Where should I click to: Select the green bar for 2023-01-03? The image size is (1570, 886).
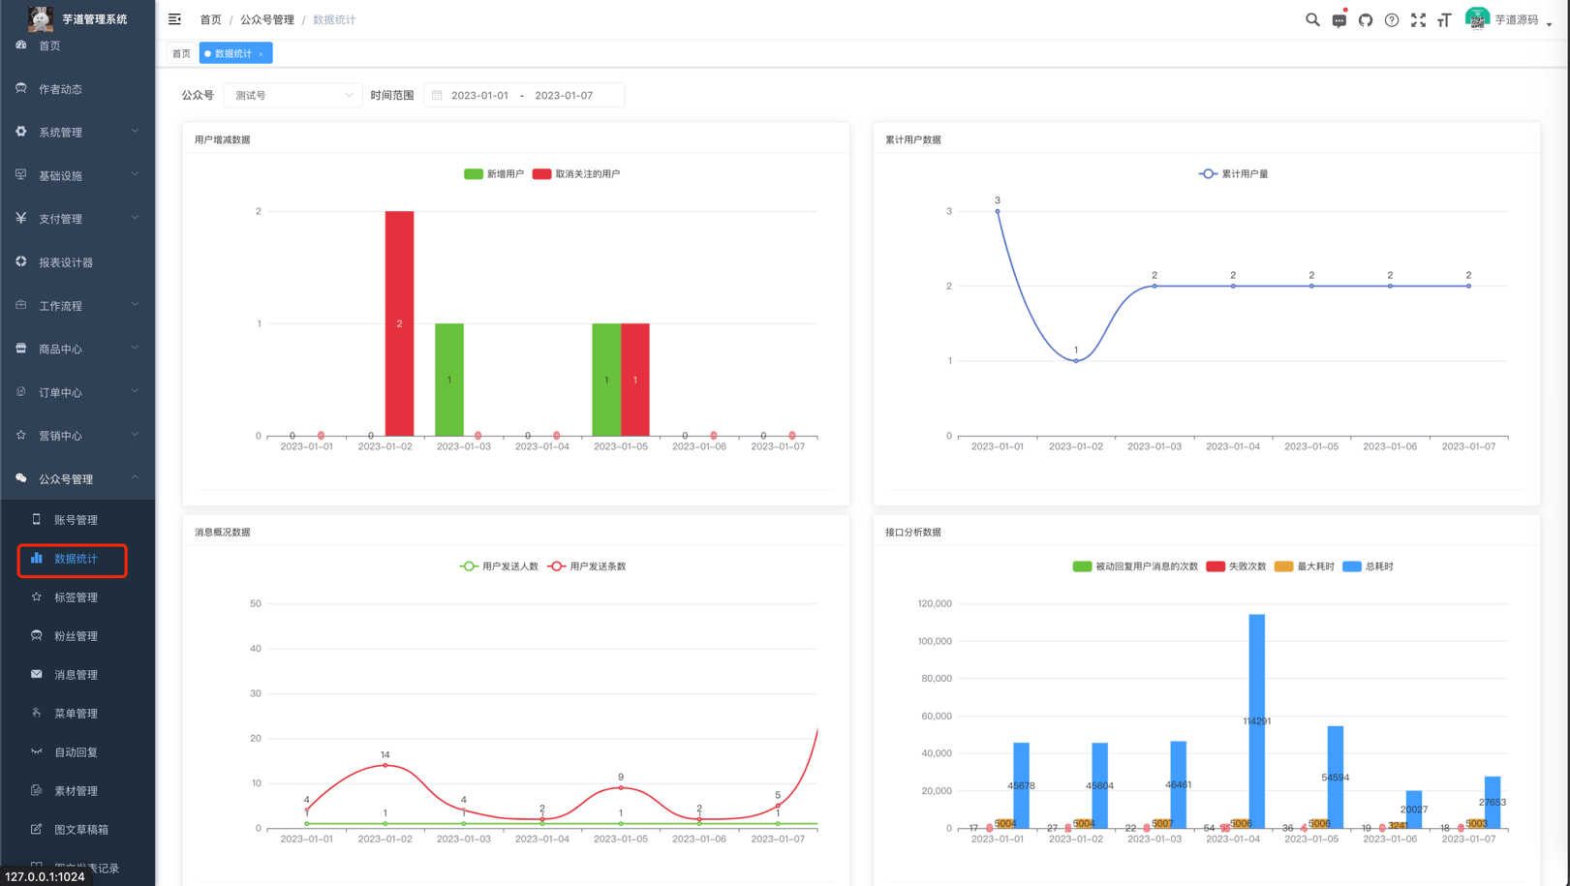point(449,380)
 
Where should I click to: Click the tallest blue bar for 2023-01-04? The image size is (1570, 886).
point(1256,720)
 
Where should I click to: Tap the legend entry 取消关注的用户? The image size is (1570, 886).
point(576,174)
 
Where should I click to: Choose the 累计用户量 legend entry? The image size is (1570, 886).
point(1233,174)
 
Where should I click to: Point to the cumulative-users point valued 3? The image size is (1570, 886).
point(998,211)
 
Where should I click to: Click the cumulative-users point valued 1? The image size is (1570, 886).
point(1076,360)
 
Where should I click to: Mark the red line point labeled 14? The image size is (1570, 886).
point(385,765)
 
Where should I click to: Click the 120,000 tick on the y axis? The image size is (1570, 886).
point(935,603)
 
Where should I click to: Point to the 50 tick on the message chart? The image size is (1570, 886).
point(256,603)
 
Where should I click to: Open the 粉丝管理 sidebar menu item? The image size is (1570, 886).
point(76,636)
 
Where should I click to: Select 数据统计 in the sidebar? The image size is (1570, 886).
point(76,559)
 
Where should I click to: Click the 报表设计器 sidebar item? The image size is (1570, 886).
point(66,262)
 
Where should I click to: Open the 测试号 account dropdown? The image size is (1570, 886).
point(292,95)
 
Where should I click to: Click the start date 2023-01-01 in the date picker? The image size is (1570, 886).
point(479,95)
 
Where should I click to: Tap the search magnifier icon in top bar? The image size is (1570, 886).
point(1312,19)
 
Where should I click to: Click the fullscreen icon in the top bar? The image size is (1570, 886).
point(1418,19)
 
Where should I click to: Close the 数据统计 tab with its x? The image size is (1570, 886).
point(262,54)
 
